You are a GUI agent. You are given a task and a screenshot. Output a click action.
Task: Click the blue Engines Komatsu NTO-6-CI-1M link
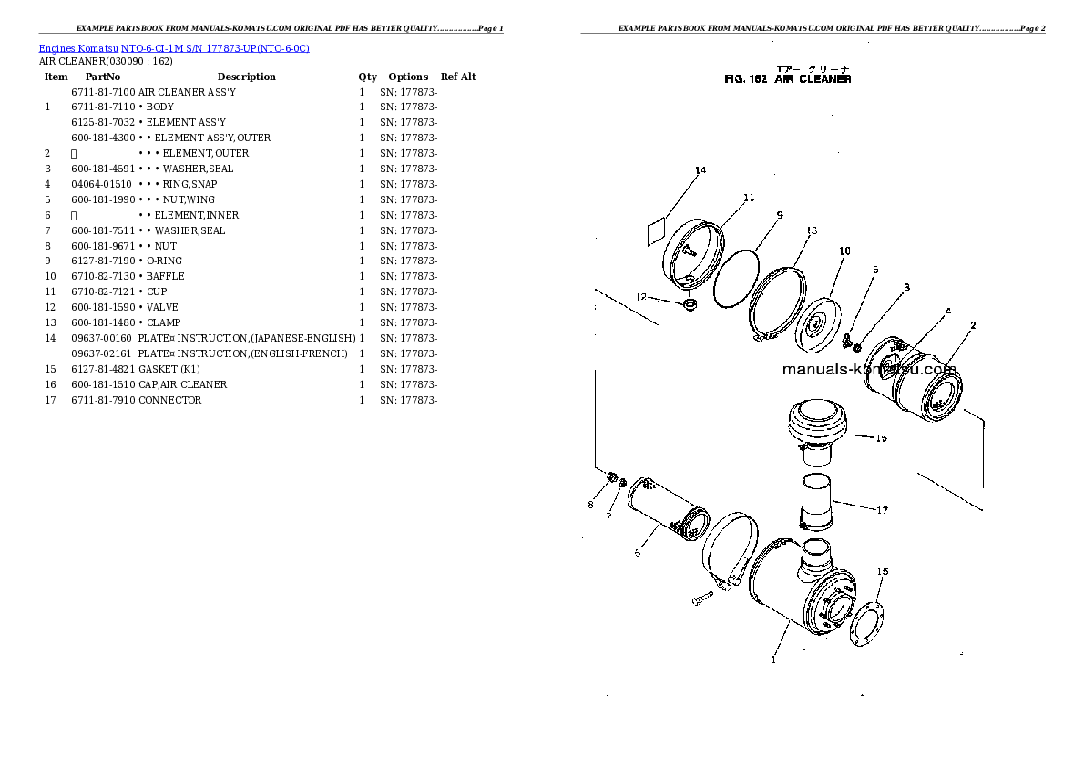[173, 48]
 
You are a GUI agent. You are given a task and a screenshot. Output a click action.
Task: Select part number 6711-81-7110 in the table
[102, 107]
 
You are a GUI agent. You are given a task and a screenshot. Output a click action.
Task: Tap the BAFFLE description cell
[165, 276]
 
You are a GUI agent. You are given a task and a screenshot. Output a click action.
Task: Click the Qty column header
[367, 77]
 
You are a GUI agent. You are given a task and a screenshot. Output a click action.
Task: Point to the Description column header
[246, 77]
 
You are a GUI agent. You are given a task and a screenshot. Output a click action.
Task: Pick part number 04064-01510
[102, 184]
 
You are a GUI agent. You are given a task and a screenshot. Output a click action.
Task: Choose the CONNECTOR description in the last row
[169, 400]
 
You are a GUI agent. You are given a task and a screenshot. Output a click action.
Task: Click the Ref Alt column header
[458, 77]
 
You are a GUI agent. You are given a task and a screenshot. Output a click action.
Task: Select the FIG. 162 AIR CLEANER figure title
[787, 79]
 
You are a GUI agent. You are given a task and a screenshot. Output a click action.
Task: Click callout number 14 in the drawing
[700, 170]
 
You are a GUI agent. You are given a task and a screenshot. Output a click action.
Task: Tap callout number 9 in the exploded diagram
[780, 215]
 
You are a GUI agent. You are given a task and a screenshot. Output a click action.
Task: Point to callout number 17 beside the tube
[882, 510]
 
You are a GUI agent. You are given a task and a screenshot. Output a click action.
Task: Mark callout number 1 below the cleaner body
[773, 660]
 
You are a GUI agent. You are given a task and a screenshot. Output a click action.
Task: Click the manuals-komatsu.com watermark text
[868, 370]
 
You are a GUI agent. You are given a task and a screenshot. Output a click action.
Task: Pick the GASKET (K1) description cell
[169, 369]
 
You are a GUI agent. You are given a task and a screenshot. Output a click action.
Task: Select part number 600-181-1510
[102, 384]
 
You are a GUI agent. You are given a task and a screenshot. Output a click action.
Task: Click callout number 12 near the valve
[641, 296]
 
